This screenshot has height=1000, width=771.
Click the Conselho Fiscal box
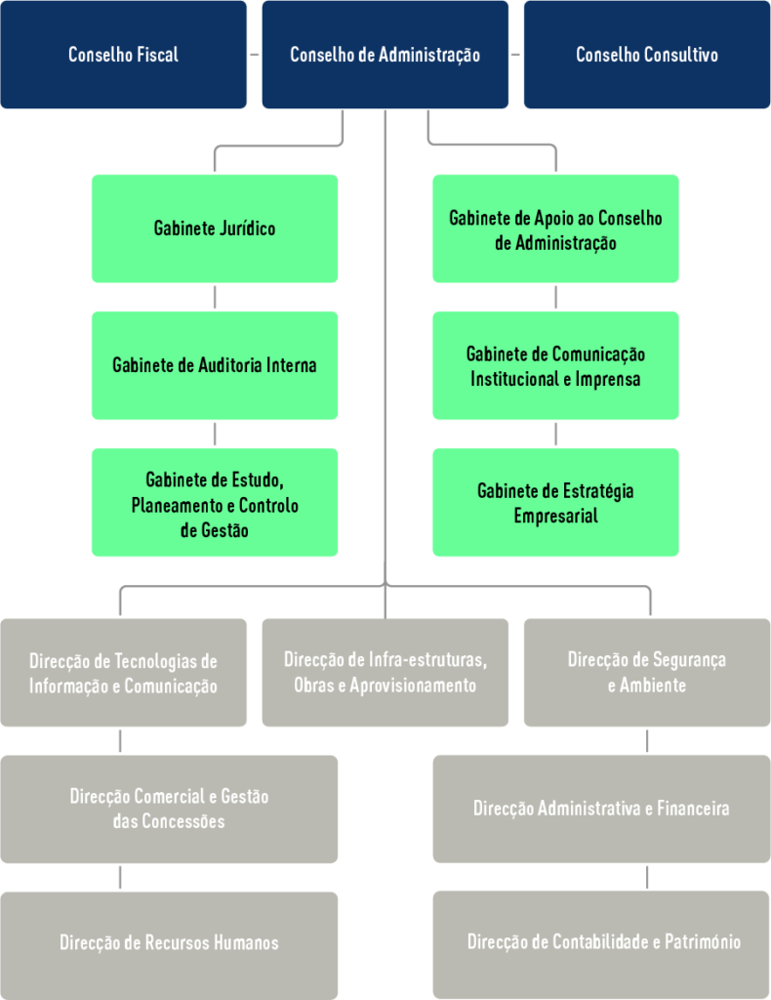[123, 55]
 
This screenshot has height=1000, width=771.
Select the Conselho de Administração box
[385, 55]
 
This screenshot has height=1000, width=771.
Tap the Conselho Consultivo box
[646, 55]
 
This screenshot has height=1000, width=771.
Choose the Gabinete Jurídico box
[215, 229]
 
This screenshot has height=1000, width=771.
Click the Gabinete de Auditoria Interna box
[215, 365]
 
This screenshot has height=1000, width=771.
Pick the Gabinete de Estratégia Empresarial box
[555, 502]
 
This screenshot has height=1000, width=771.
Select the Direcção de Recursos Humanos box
[169, 943]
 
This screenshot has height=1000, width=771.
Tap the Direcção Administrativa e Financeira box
[601, 809]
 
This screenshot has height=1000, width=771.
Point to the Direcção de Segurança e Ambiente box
[646, 672]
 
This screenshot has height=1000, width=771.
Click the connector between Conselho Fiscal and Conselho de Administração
[254, 55]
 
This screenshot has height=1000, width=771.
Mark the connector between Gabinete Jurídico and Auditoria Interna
[215, 297]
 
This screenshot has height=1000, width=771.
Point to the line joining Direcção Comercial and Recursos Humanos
[120, 877]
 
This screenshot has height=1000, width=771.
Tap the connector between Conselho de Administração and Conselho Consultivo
[515, 55]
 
